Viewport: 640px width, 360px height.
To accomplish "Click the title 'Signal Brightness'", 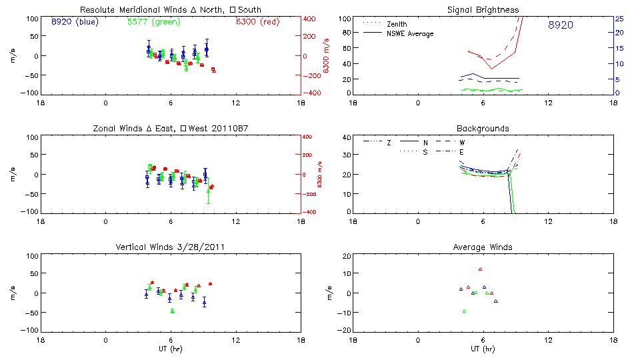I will tap(483, 10).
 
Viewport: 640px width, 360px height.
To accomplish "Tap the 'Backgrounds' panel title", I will tap(483, 128).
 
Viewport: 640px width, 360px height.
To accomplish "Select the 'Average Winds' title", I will tap(483, 247).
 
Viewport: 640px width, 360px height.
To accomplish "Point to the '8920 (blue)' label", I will tap(74, 21).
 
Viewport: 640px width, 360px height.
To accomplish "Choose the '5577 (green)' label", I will tap(151, 21).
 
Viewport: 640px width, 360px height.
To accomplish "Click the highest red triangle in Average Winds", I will tap(480, 269).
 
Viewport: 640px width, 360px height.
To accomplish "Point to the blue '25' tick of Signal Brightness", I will tap(619, 18).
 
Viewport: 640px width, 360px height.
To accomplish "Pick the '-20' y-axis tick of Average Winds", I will tap(344, 331).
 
